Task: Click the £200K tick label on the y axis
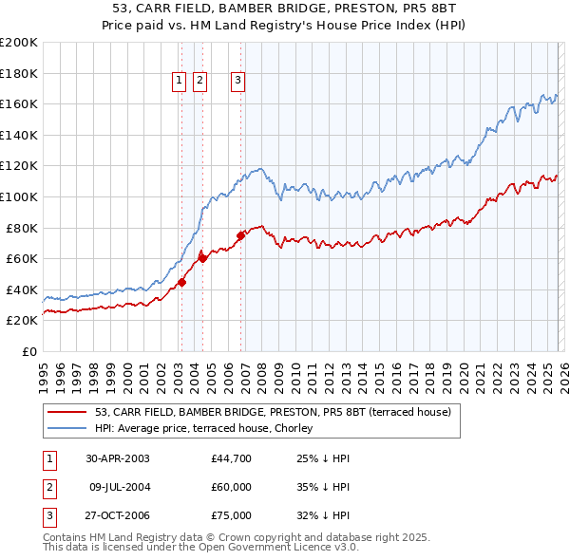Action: click(19, 43)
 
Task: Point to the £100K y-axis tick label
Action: click(19, 197)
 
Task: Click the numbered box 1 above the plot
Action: click(180, 82)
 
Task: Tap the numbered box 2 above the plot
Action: click(199, 82)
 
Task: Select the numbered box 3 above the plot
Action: click(237, 82)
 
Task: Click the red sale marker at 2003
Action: click(181, 282)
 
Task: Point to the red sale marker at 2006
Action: click(240, 235)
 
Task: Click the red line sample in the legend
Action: click(67, 411)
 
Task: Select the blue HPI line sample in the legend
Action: click(67, 427)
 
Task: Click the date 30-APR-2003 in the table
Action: click(117, 458)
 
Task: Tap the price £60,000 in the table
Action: click(232, 487)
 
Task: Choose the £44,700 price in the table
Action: click(232, 458)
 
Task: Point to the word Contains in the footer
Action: click(66, 537)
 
